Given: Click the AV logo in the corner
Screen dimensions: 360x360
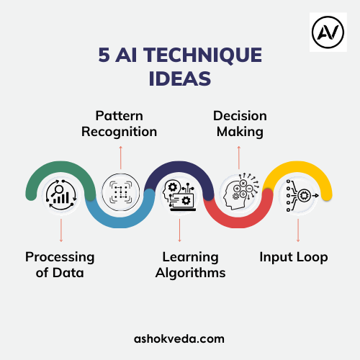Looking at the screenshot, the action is [x=328, y=32].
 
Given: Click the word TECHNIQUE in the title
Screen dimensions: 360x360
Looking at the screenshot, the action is [x=203, y=55].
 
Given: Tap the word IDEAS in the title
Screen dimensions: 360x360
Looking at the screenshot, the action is [x=180, y=78].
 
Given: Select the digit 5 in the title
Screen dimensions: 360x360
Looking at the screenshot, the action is [x=104, y=55].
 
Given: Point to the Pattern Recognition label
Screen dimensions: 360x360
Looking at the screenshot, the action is [x=120, y=124].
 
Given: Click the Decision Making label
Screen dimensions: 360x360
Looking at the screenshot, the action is [x=240, y=124].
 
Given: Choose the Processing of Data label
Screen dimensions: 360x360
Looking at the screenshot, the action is [x=60, y=265].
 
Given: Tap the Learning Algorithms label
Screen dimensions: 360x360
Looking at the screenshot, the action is [x=190, y=265].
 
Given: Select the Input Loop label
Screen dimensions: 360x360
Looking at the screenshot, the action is [x=294, y=258].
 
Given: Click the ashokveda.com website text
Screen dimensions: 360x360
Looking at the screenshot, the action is [x=179, y=339].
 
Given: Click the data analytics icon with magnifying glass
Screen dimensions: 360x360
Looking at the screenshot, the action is [x=61, y=195].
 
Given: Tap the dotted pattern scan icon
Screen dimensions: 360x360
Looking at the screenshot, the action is [x=121, y=192].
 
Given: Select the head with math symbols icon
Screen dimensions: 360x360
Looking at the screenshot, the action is [x=240, y=192].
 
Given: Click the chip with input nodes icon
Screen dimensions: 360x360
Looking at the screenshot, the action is [x=302, y=196].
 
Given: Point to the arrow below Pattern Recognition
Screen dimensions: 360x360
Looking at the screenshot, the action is [x=121, y=158].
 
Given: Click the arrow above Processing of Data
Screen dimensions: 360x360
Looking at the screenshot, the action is [x=61, y=230].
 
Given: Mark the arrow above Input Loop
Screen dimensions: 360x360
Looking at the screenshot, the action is [x=298, y=230].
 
